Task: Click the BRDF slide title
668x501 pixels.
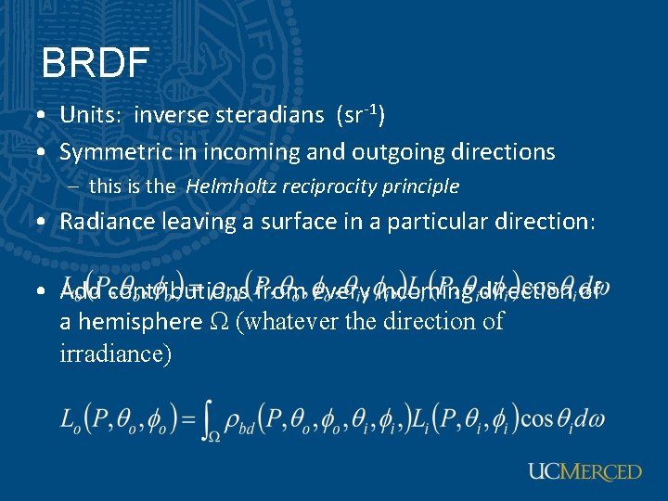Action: (95, 63)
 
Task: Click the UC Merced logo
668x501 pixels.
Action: (584, 472)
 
